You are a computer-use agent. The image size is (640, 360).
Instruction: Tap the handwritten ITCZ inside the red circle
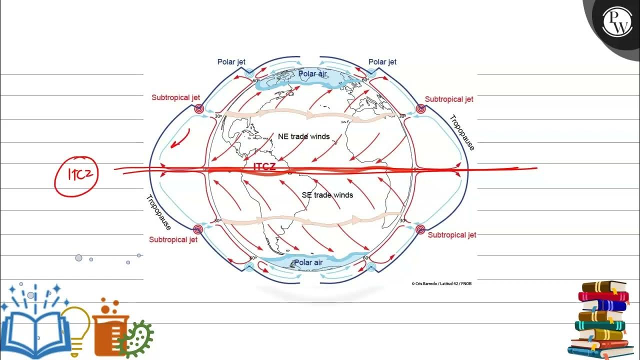(76, 174)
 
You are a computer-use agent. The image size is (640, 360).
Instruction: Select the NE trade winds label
(303, 136)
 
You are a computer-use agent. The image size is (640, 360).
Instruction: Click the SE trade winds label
(327, 195)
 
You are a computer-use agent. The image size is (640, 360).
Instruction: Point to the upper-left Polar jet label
(231, 62)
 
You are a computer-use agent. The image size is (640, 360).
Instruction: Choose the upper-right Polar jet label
(382, 62)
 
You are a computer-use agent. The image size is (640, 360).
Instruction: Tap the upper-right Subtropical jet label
(449, 99)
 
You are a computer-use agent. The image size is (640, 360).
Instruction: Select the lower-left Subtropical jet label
(173, 239)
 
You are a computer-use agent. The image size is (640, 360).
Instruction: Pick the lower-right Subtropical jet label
(452, 234)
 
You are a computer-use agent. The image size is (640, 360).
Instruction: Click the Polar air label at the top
(312, 74)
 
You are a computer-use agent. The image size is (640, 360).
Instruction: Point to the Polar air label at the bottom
(308, 262)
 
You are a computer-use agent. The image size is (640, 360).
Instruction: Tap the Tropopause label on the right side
(461, 132)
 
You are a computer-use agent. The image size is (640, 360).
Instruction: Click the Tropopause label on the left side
(158, 212)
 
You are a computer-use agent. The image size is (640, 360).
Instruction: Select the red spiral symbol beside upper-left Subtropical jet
(199, 108)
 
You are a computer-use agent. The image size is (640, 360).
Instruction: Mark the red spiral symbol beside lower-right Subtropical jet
(420, 229)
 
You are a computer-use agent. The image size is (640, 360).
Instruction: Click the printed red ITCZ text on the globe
(264, 166)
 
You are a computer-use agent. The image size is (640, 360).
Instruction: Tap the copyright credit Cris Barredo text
(441, 283)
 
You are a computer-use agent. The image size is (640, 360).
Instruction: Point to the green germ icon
(136, 338)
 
